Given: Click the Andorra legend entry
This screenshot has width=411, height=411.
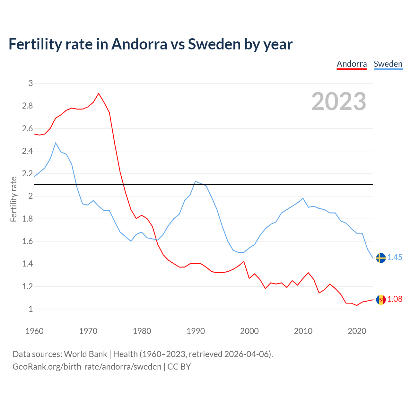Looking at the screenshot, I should (352, 64).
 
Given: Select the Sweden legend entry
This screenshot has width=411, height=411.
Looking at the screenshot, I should (388, 64).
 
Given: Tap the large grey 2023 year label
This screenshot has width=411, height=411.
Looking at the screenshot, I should (339, 101).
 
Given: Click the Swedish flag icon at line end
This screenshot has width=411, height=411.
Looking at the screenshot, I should (381, 258).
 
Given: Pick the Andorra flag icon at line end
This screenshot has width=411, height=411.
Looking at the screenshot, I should (381, 300).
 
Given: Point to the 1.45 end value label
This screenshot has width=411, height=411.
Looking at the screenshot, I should (395, 258).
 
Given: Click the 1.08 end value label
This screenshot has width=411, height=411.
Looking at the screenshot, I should (395, 299).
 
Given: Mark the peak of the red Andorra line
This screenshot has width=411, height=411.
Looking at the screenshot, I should (99, 93).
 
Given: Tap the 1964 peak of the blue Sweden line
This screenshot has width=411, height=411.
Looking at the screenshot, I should (56, 143).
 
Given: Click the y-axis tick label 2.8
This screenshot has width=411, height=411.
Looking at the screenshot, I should (27, 106).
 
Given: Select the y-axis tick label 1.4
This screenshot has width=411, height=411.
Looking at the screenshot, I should (27, 264).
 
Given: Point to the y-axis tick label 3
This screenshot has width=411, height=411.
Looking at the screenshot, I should (31, 83).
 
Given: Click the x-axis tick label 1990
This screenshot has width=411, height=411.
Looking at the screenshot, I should (196, 331).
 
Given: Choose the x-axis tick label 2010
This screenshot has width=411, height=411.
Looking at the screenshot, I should (303, 331).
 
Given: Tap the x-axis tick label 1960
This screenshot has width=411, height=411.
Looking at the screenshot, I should (34, 331).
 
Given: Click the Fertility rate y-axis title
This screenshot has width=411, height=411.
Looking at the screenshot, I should (13, 199).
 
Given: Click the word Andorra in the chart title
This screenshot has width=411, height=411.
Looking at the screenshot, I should (139, 44).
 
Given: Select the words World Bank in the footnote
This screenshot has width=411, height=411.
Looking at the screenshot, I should (85, 354).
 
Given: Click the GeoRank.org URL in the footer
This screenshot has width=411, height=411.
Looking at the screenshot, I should (87, 367).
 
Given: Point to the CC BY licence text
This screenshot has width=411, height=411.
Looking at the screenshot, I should (179, 367).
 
